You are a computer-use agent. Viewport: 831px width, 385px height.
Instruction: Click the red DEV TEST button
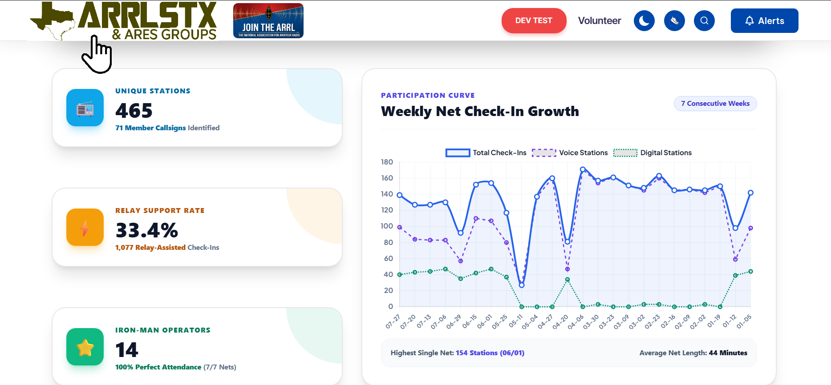point(534,20)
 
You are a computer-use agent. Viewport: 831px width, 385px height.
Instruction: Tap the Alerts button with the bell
point(764,21)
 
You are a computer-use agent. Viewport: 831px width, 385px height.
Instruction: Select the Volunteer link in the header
point(600,20)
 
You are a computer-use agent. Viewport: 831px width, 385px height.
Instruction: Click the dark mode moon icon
point(644,20)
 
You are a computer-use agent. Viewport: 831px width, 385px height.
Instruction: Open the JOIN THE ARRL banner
point(268,21)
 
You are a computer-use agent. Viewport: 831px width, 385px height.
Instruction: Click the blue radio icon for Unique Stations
point(85,108)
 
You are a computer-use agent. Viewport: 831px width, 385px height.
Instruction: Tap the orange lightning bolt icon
point(85,227)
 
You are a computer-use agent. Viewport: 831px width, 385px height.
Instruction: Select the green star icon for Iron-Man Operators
point(85,347)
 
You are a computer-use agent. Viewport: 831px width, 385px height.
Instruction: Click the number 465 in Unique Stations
point(134,110)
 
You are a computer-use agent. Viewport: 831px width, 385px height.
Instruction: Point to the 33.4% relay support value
point(147,230)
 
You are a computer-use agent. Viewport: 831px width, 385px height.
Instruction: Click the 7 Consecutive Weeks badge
point(715,104)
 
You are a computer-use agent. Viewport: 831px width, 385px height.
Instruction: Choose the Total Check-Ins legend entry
point(486,153)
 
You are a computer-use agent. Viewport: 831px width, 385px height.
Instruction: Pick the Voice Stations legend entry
point(570,153)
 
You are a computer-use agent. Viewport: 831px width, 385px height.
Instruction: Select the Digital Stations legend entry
point(653,153)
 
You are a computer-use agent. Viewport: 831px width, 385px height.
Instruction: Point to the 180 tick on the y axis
point(387,162)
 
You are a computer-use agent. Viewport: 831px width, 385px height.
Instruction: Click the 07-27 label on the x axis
point(393,321)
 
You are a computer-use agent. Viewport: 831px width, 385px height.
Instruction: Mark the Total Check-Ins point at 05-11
point(522,285)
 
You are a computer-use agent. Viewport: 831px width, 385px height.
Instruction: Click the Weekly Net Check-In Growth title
point(480,111)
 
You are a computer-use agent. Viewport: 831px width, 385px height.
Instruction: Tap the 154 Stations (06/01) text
point(490,353)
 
